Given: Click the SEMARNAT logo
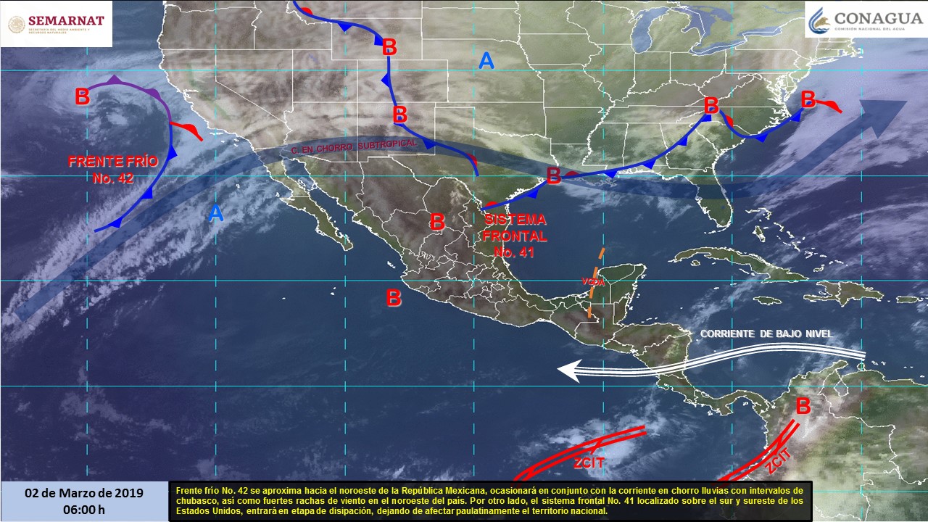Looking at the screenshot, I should (x=56, y=24).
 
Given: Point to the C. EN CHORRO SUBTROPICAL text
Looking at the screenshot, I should (x=354, y=147).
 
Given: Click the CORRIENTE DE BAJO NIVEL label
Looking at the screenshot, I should (x=766, y=333).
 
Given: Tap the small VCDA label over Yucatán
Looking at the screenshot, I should (x=592, y=281).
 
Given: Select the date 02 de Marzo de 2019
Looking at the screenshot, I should (x=84, y=493).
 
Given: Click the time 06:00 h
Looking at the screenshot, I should (x=84, y=509).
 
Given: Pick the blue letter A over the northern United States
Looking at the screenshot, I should (x=486, y=62).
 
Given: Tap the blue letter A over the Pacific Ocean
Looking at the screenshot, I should (x=215, y=213).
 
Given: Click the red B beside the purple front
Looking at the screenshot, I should (x=83, y=96).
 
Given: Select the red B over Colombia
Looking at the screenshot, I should (x=803, y=406).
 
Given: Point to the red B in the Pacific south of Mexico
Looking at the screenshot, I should (x=393, y=297).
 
